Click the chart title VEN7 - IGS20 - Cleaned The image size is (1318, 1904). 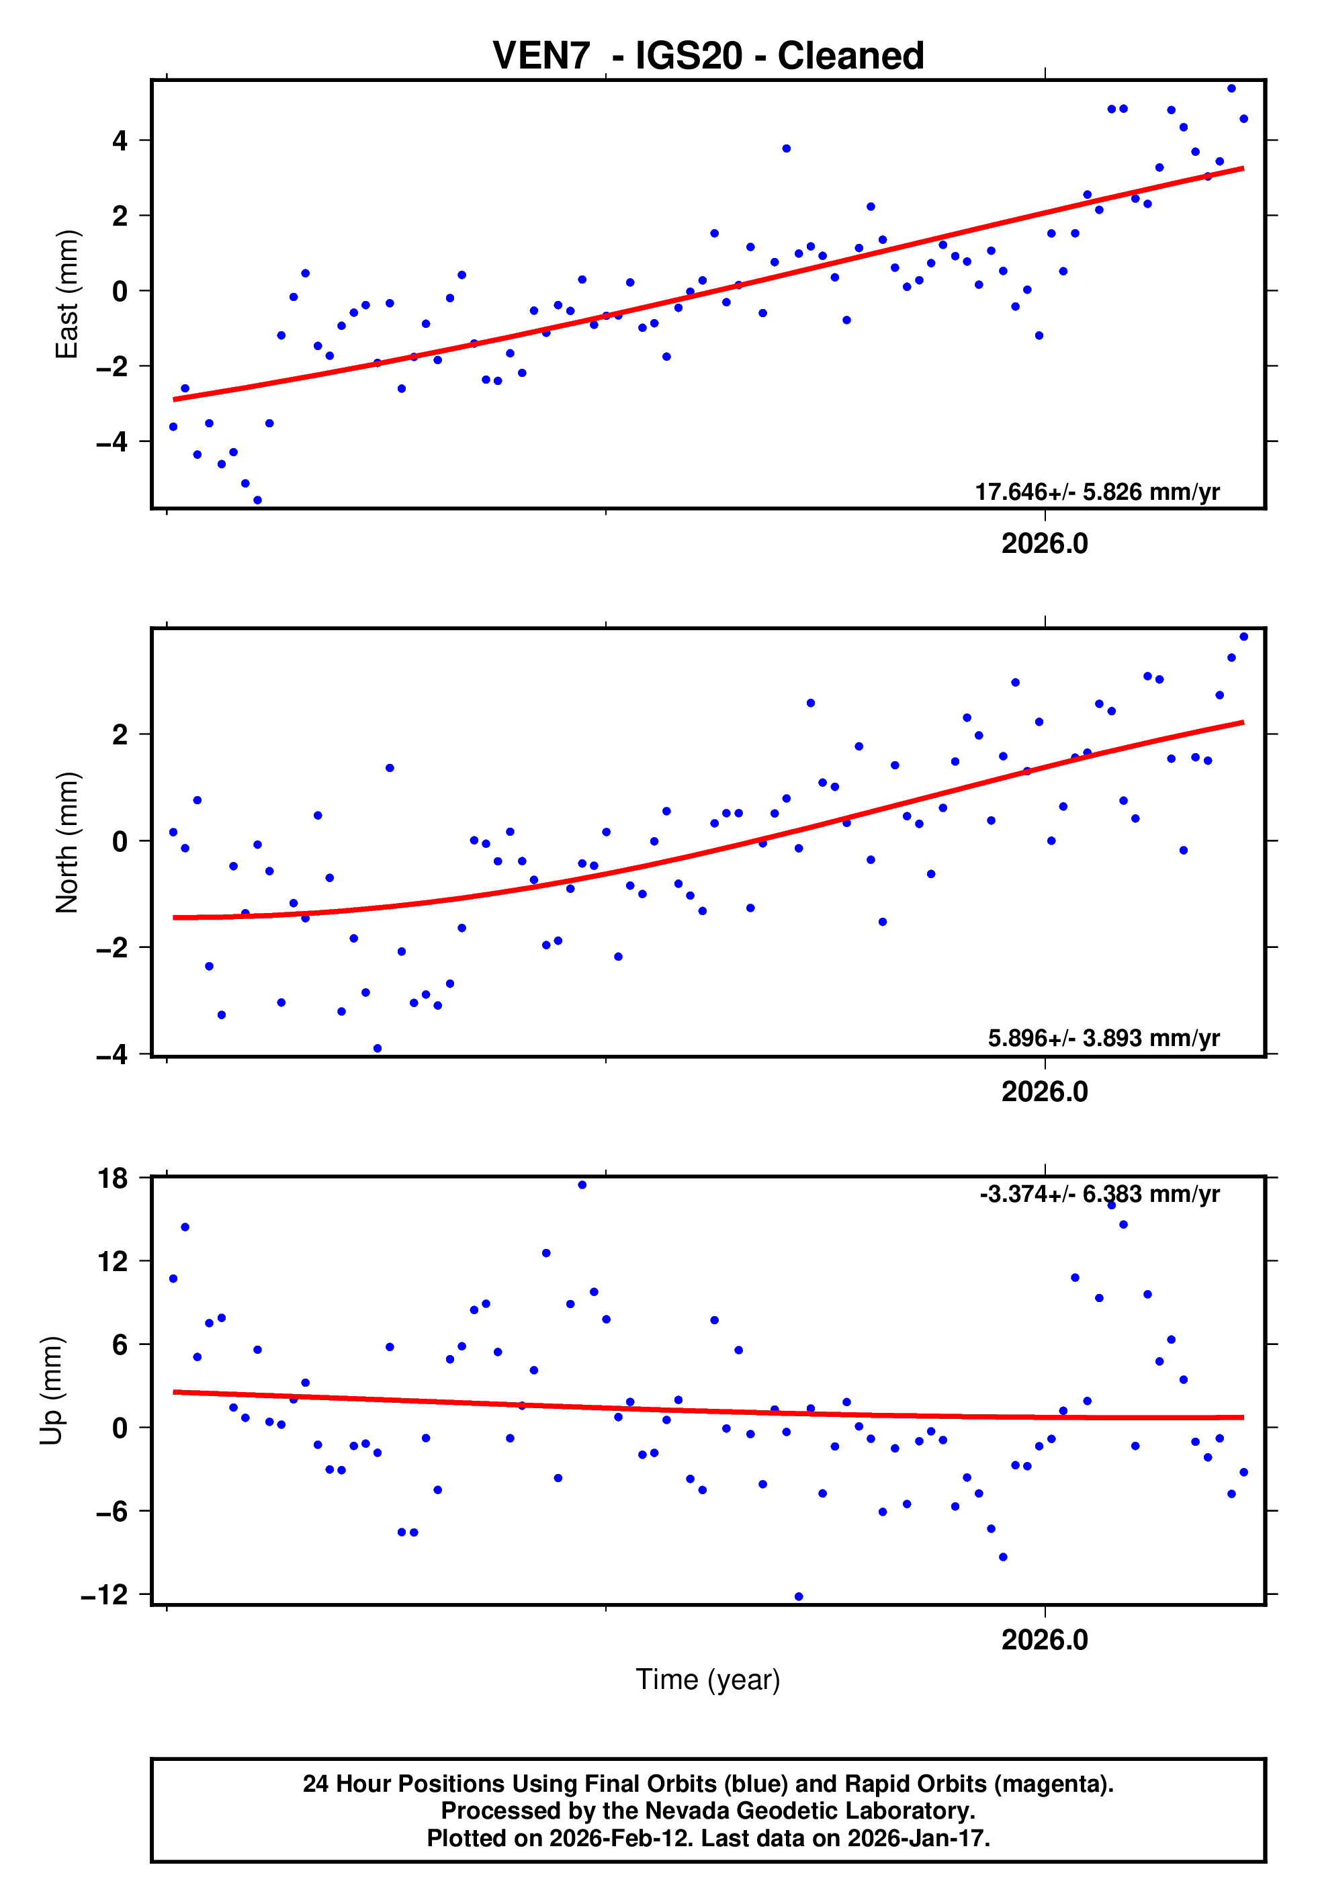coord(708,56)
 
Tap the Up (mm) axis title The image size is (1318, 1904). coord(51,1391)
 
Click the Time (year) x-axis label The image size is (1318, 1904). coord(708,1680)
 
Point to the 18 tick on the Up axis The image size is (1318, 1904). coord(113,1178)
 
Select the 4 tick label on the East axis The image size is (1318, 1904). coord(120,141)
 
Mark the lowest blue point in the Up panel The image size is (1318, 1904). coord(799,1597)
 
